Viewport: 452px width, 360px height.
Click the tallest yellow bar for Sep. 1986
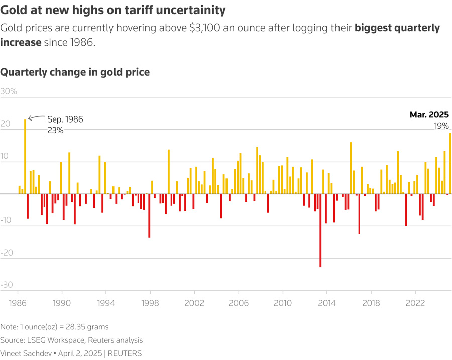click(x=25, y=156)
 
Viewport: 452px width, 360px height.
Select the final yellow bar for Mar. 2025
click(x=450, y=163)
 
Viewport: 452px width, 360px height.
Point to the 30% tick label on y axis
click(x=9, y=91)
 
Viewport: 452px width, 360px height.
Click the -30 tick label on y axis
click(x=7, y=285)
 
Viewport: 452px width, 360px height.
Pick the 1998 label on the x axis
click(x=150, y=303)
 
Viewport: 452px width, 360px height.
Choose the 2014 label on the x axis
click(x=327, y=303)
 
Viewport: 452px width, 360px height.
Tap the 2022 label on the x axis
click(x=415, y=303)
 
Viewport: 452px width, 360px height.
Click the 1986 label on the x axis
click(x=18, y=303)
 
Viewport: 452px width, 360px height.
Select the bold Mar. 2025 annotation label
click(x=429, y=114)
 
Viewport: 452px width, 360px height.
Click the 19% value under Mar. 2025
click(x=441, y=126)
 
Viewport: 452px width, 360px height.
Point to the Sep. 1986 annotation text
click(x=65, y=119)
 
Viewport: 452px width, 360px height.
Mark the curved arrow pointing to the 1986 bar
click(x=36, y=118)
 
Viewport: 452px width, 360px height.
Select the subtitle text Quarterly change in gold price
click(x=75, y=72)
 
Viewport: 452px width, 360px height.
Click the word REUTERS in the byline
click(x=125, y=353)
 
